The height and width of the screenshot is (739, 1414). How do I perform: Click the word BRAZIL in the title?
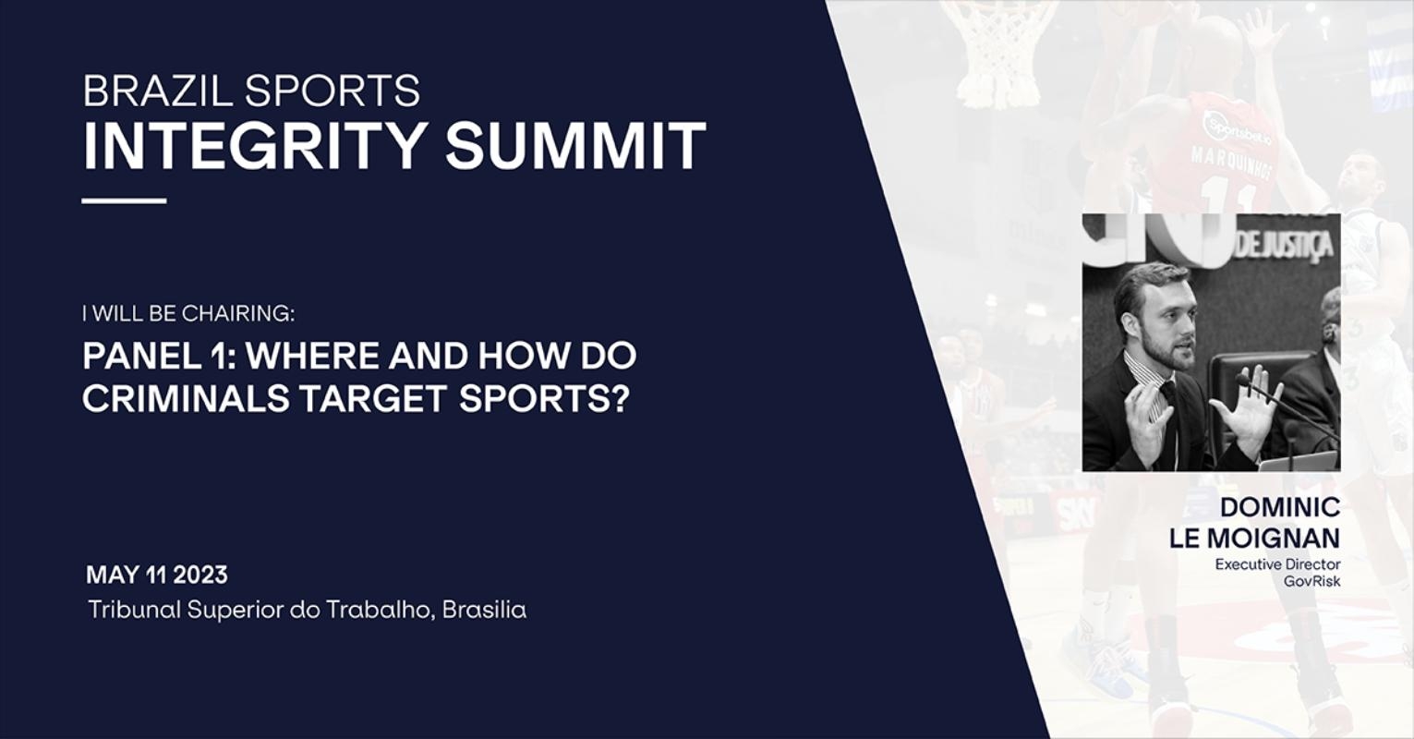(158, 91)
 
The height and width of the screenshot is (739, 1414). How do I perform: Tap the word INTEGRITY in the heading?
(254, 146)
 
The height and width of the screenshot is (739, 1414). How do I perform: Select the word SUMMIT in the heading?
(575, 146)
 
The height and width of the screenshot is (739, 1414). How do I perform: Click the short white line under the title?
(124, 200)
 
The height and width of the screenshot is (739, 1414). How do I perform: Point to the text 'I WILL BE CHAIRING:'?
(188, 313)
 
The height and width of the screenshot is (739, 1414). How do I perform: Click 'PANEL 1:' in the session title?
(159, 357)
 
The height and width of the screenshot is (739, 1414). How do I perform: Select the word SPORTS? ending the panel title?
(545, 398)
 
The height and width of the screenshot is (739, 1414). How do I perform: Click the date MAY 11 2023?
(157, 575)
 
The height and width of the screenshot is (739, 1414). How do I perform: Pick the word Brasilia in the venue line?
(484, 610)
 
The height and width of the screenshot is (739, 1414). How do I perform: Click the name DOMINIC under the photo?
(1279, 507)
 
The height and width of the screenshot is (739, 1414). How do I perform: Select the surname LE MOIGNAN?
(1254, 539)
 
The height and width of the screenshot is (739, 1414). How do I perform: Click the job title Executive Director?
(1277, 564)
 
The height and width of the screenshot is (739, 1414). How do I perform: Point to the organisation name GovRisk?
(1311, 580)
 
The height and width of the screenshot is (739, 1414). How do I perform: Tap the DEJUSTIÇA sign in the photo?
(1284, 246)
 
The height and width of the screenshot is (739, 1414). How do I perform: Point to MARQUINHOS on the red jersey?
(1230, 163)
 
